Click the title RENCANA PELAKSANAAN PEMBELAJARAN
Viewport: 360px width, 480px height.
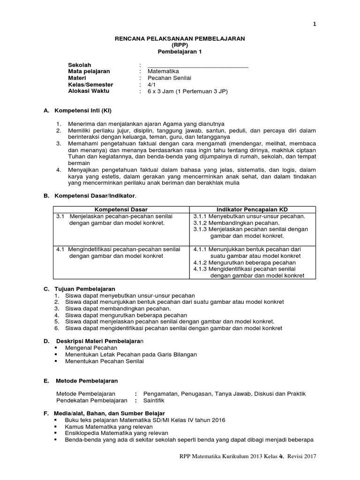[180, 39]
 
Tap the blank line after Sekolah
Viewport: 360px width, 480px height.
[197, 65]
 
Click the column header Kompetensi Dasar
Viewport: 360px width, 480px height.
[121, 209]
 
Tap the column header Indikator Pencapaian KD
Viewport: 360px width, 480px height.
[252, 209]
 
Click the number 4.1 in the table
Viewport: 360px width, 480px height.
[60, 249]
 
